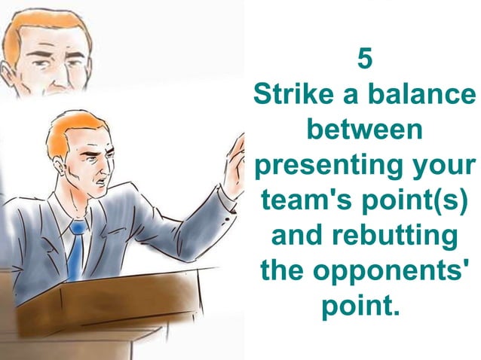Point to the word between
coord(365,130)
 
